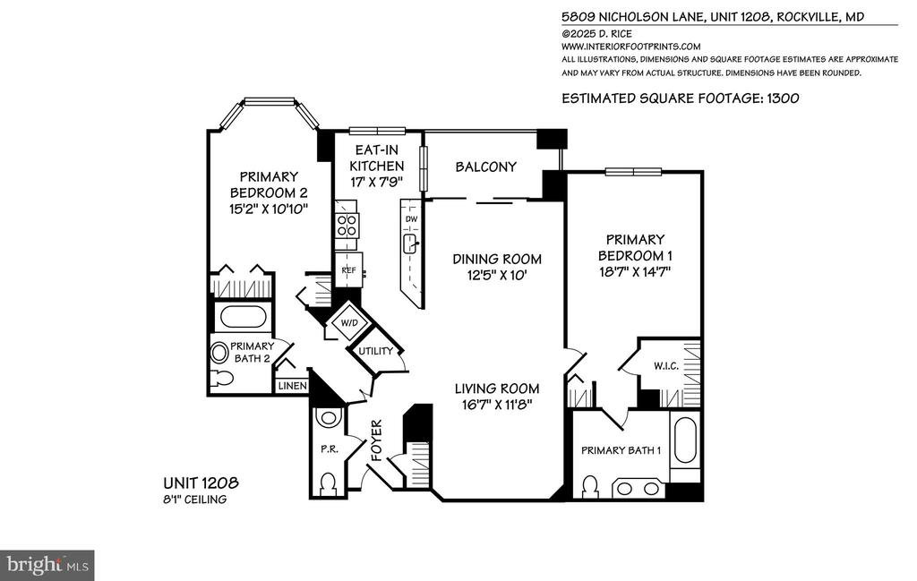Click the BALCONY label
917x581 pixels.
486,167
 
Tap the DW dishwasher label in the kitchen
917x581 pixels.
412,219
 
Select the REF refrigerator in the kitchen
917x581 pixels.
348,270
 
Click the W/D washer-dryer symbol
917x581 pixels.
349,322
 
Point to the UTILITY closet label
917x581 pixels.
375,351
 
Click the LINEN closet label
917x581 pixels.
293,386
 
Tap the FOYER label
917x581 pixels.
377,440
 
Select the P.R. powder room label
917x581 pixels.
328,449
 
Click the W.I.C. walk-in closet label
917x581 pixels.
666,366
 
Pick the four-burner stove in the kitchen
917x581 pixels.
347,225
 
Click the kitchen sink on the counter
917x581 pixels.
410,244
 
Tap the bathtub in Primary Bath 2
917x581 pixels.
244,317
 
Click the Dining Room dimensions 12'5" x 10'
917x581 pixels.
498,276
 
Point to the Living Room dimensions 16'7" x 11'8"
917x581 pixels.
497,404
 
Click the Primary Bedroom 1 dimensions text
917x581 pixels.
635,271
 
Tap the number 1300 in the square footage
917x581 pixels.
783,98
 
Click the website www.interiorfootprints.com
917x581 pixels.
631,47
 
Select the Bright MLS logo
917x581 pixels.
47,565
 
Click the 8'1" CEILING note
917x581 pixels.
194,500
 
